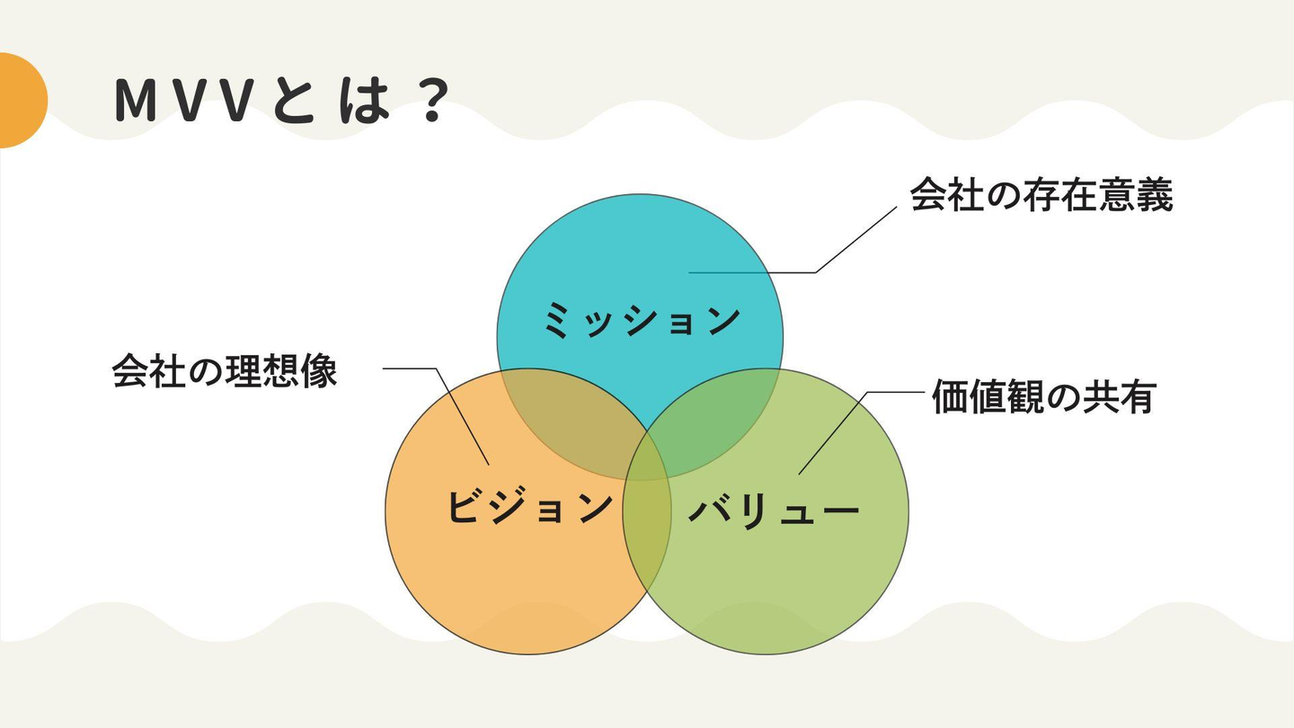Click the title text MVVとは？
[x=282, y=101]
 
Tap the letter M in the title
[x=137, y=101]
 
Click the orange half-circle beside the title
[x=22, y=101]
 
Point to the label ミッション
[x=642, y=320]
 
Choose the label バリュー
[x=774, y=510]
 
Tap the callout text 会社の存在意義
[x=1041, y=195]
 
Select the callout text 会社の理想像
[x=225, y=370]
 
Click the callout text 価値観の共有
[x=1044, y=396]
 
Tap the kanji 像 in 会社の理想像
[x=319, y=370]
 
